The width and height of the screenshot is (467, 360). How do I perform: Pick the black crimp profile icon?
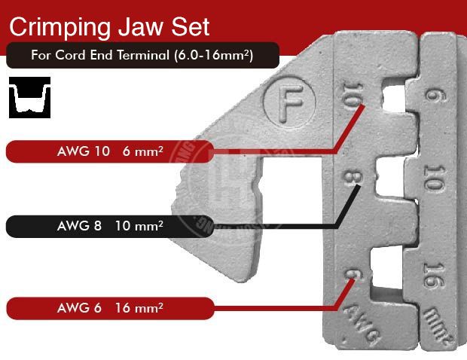coord(29,97)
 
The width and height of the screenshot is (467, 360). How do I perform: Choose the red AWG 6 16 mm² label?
coord(109,308)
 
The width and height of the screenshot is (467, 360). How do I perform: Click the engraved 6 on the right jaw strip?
coord(432,97)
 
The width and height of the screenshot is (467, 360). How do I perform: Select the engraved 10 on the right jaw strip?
coord(432,182)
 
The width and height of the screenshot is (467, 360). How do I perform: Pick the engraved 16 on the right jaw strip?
coord(433,274)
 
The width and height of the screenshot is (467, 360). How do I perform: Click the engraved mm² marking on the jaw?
coord(434,320)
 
